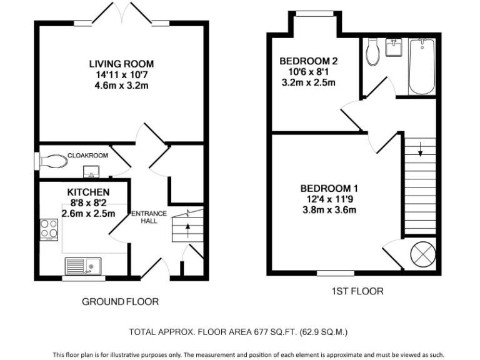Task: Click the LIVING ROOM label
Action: (121, 64)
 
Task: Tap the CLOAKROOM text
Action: (87, 156)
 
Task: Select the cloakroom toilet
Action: (53, 161)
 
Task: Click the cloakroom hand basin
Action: (91, 171)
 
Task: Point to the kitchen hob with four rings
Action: (49, 230)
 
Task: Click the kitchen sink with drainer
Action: (83, 266)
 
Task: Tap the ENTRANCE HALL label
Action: (149, 217)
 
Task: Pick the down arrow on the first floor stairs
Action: (420, 149)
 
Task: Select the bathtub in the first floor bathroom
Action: (422, 66)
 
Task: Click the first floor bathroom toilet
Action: (372, 52)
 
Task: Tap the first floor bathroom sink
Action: (394, 47)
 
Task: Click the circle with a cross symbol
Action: (423, 254)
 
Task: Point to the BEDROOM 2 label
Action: (309, 61)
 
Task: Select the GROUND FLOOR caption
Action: (120, 302)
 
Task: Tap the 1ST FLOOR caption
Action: (357, 291)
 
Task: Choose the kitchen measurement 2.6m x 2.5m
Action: (89, 213)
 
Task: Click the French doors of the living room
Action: (122, 13)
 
